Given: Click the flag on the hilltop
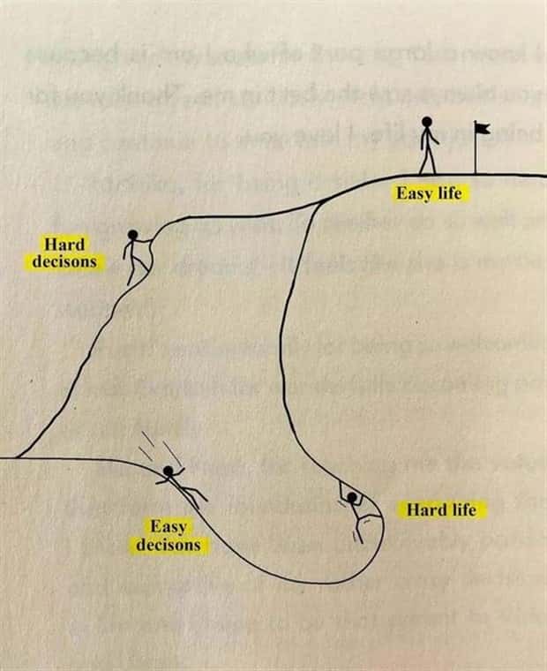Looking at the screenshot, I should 482,128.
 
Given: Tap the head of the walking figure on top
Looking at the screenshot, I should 427,123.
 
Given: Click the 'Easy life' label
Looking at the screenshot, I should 429,193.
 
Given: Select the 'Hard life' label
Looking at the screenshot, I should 441,509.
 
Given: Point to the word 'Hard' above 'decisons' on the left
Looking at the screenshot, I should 64,243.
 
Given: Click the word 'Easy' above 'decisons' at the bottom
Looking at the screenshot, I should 167,527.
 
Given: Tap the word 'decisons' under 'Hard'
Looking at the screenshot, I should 64,261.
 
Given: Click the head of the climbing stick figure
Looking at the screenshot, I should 132,235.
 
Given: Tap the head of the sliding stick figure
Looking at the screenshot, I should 169,471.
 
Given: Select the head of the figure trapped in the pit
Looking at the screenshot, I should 353,498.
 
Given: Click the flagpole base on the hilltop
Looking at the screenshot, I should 476,171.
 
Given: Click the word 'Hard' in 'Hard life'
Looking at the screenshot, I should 423,509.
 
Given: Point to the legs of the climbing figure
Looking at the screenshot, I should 135,270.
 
